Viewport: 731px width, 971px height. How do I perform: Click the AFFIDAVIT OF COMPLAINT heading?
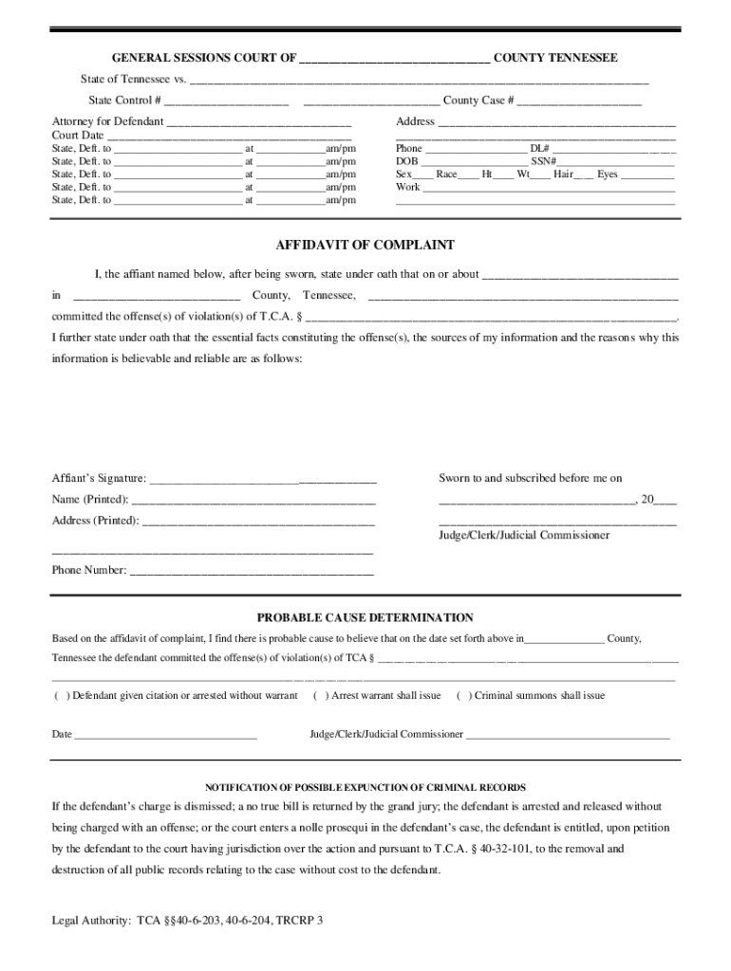coord(365,245)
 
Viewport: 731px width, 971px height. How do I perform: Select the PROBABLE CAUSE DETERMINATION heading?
coord(365,617)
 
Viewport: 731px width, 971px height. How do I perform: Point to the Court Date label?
coord(78,136)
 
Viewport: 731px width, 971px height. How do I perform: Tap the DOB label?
coord(406,162)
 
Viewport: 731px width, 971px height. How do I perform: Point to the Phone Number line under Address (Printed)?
coord(251,572)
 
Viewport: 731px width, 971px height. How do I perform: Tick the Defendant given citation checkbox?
coord(60,696)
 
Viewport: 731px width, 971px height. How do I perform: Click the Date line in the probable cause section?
coord(165,736)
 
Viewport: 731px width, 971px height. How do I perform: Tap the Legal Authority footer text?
coord(187,920)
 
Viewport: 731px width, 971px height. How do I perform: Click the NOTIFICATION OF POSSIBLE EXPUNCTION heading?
coord(365,788)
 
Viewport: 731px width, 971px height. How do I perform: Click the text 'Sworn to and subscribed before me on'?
coord(530,479)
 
